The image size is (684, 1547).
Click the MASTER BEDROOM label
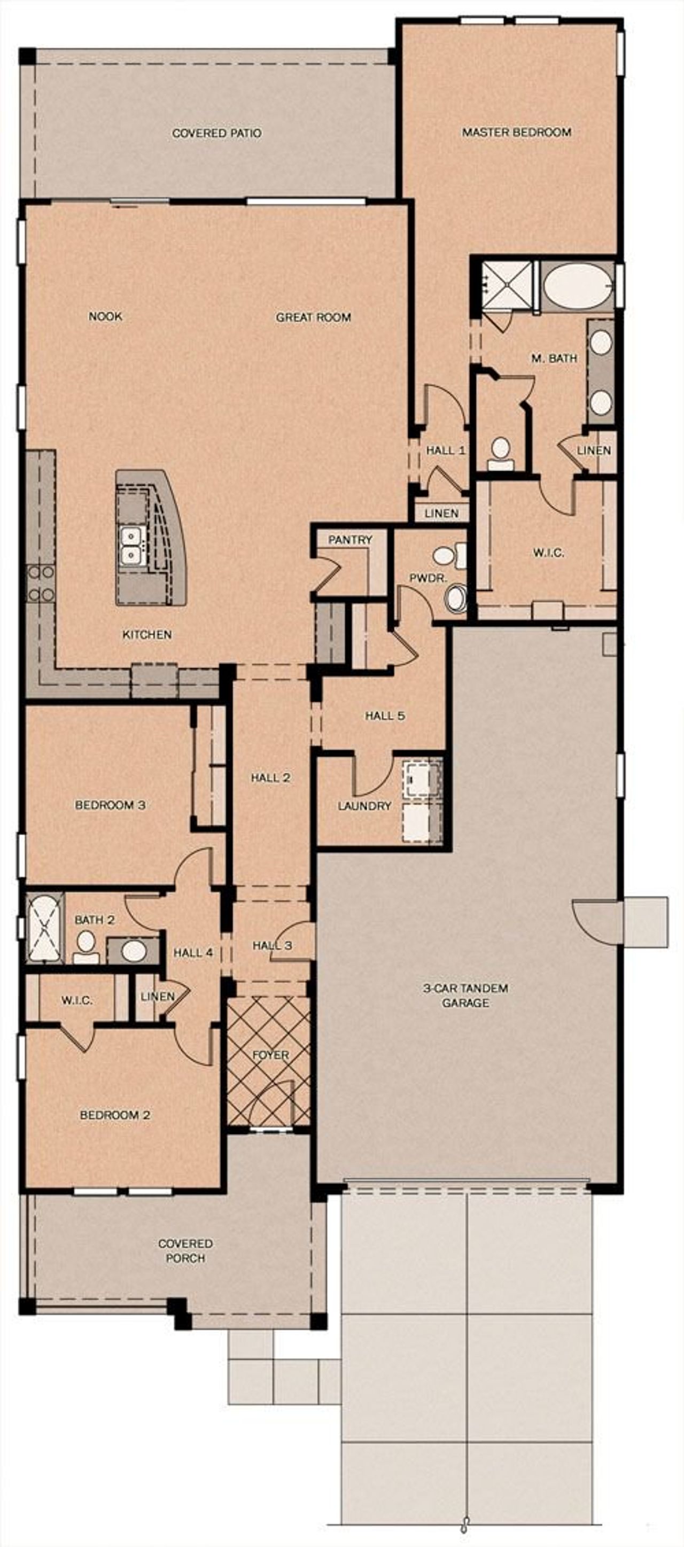516,132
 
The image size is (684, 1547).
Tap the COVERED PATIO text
217,133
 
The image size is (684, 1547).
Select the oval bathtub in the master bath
578,287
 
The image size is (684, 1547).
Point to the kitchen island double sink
130,545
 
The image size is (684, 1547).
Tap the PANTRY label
349,539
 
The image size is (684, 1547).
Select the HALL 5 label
385,715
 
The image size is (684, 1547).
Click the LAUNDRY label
364,806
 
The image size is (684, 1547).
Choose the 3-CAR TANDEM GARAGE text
465,995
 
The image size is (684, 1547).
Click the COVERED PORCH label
185,1250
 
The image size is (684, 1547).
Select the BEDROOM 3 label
110,805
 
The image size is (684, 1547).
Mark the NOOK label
105,316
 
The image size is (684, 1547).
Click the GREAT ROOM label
313,317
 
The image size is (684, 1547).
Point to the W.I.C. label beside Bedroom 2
77,1000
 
